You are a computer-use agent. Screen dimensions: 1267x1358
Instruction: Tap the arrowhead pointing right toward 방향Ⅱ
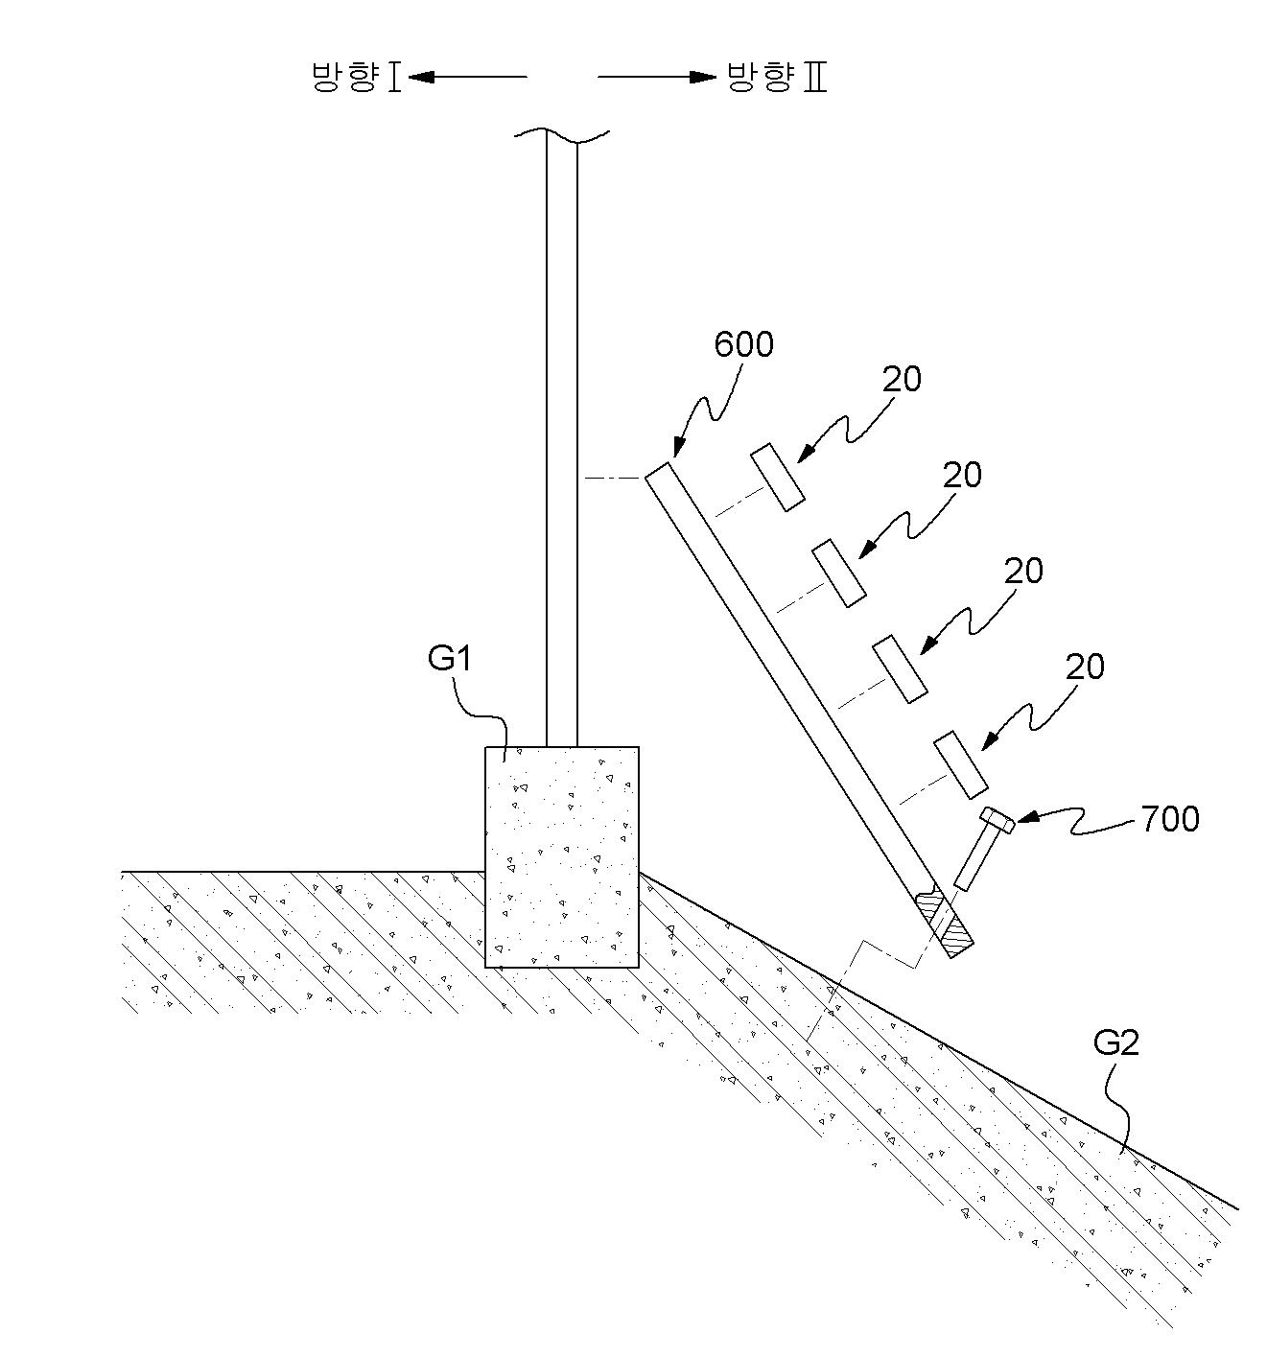point(702,77)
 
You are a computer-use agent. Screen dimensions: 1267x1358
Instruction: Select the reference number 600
point(743,344)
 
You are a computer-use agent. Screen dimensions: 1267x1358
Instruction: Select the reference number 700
point(1170,818)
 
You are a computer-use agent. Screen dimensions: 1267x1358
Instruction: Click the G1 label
point(451,658)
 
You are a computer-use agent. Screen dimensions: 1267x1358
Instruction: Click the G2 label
point(1116,1063)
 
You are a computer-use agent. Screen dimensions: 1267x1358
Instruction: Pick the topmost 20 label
point(902,379)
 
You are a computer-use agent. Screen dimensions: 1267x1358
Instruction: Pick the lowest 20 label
point(1085,666)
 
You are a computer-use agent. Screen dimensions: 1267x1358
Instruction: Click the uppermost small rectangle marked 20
point(777,477)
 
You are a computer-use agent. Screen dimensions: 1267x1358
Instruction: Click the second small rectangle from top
point(838,573)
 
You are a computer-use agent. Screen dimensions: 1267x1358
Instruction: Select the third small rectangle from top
point(900,668)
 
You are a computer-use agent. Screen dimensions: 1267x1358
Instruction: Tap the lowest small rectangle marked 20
point(960,764)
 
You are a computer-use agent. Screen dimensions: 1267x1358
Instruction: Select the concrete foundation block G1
point(562,856)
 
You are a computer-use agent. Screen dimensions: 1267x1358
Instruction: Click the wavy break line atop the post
point(562,134)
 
